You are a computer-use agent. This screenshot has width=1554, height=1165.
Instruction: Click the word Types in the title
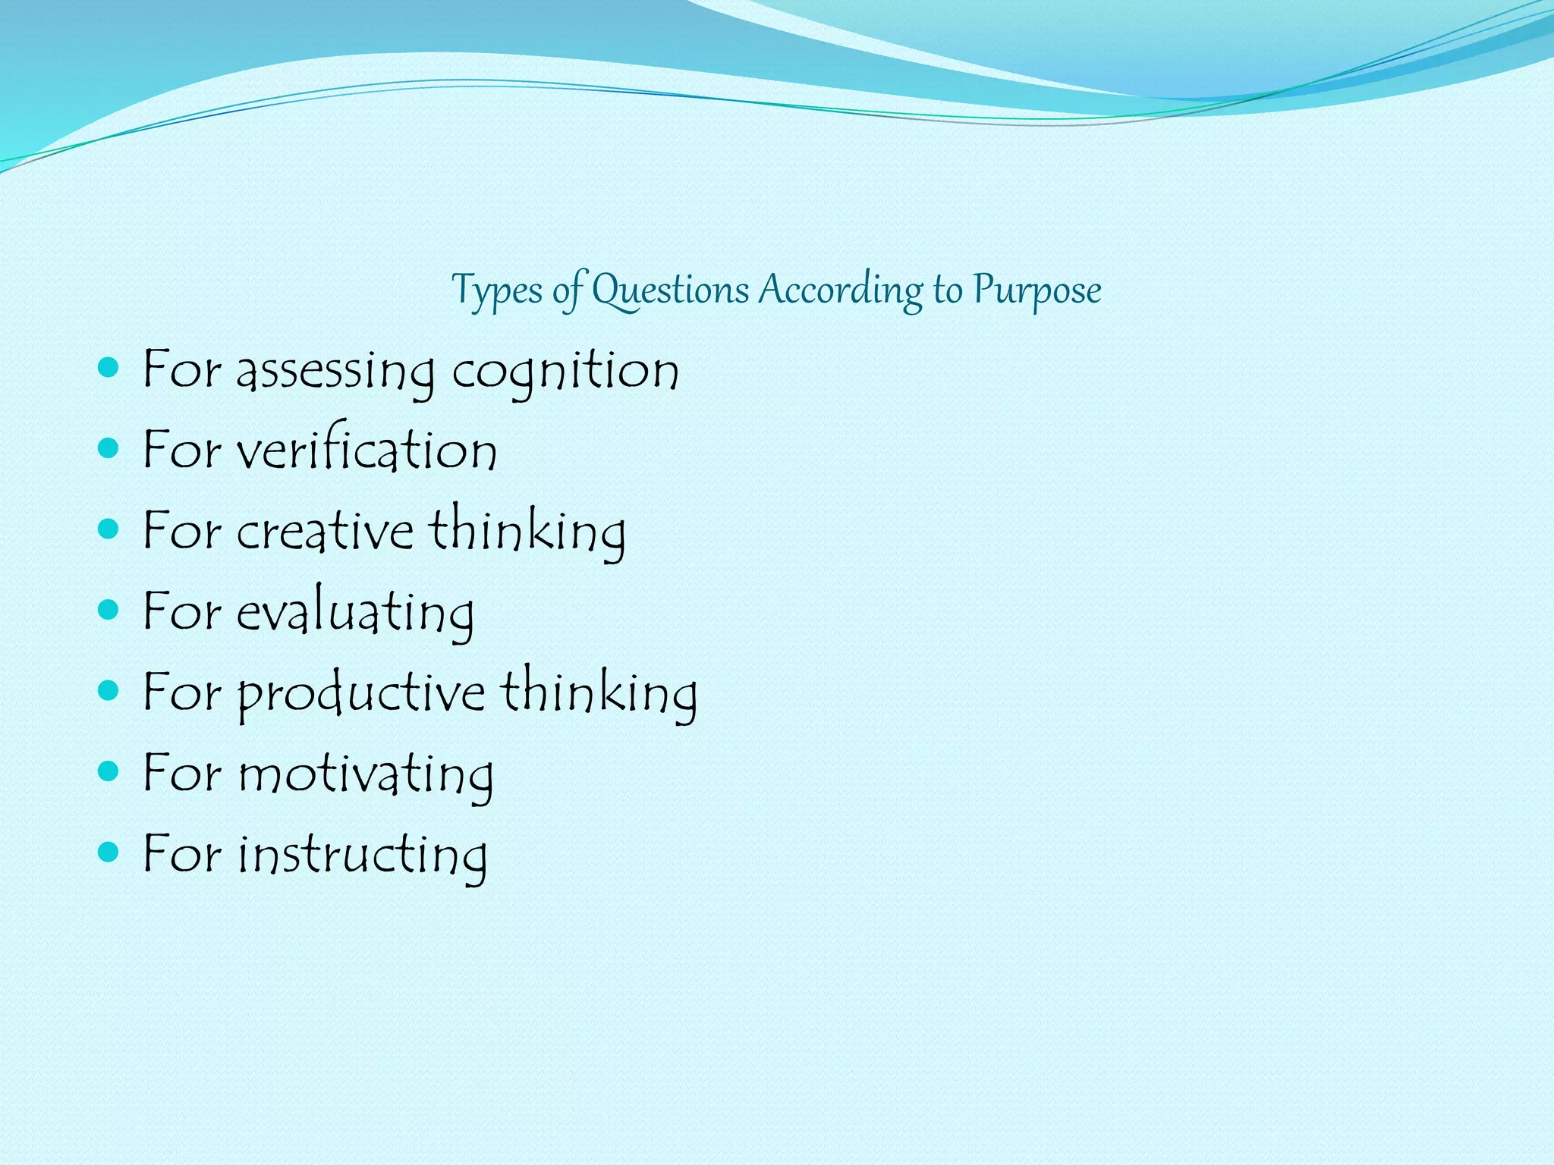497,290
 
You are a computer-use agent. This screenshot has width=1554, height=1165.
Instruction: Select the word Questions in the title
670,290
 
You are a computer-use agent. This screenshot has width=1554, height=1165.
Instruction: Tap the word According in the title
841,290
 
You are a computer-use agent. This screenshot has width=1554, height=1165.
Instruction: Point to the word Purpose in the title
1037,290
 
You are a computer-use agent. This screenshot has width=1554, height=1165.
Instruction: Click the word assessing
335,372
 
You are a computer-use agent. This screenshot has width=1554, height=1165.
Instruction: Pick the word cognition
565,372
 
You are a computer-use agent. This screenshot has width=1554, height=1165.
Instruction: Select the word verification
366,451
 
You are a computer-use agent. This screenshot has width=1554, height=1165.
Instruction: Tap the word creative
325,531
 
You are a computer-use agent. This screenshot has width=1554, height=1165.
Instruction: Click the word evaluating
355,612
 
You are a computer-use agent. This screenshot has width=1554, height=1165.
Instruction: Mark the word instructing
363,855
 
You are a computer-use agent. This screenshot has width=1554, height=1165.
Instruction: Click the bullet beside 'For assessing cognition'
109,369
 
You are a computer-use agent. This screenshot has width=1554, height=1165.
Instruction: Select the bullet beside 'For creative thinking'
109,529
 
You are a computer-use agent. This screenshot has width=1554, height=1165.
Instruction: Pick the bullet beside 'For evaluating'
109,610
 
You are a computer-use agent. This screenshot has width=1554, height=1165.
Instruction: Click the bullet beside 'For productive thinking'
109,690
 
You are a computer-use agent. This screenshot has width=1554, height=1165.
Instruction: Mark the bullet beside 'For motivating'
109,771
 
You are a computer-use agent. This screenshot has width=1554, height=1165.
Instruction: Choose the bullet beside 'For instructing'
109,852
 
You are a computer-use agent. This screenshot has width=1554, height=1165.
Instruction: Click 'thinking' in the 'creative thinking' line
528,531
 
